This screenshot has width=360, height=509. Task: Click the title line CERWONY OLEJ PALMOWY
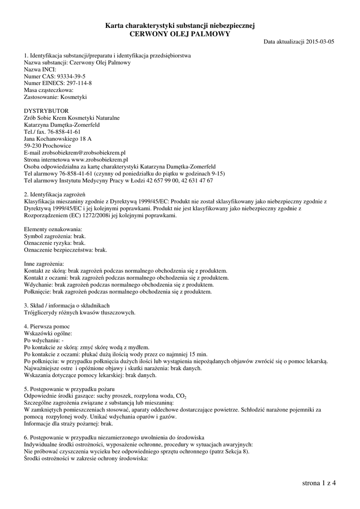[x=180, y=33]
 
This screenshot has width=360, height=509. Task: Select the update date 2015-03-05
[x=320, y=42]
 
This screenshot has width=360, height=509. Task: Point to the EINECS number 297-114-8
[x=76, y=84]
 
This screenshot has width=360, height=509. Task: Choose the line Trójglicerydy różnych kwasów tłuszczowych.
[x=80, y=313]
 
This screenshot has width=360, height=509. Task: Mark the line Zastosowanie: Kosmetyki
[x=56, y=97]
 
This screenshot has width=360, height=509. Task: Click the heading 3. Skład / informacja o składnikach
[x=67, y=306]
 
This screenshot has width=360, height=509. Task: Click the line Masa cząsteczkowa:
[x=49, y=90]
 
